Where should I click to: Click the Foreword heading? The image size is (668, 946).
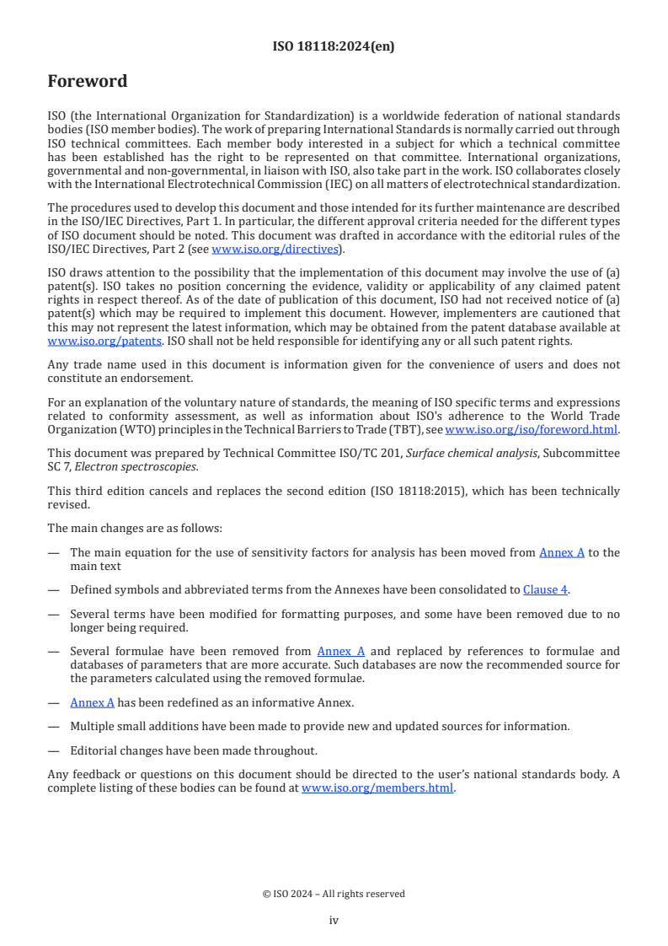point(88,82)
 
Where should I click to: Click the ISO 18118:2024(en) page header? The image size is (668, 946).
point(334,47)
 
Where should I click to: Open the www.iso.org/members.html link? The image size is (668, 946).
point(377,788)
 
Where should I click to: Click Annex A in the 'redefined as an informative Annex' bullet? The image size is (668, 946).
point(92,702)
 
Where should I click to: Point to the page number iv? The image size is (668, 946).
point(334,920)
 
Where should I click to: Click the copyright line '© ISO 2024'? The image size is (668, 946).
point(334,894)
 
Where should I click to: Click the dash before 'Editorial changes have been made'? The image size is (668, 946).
point(54,750)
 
